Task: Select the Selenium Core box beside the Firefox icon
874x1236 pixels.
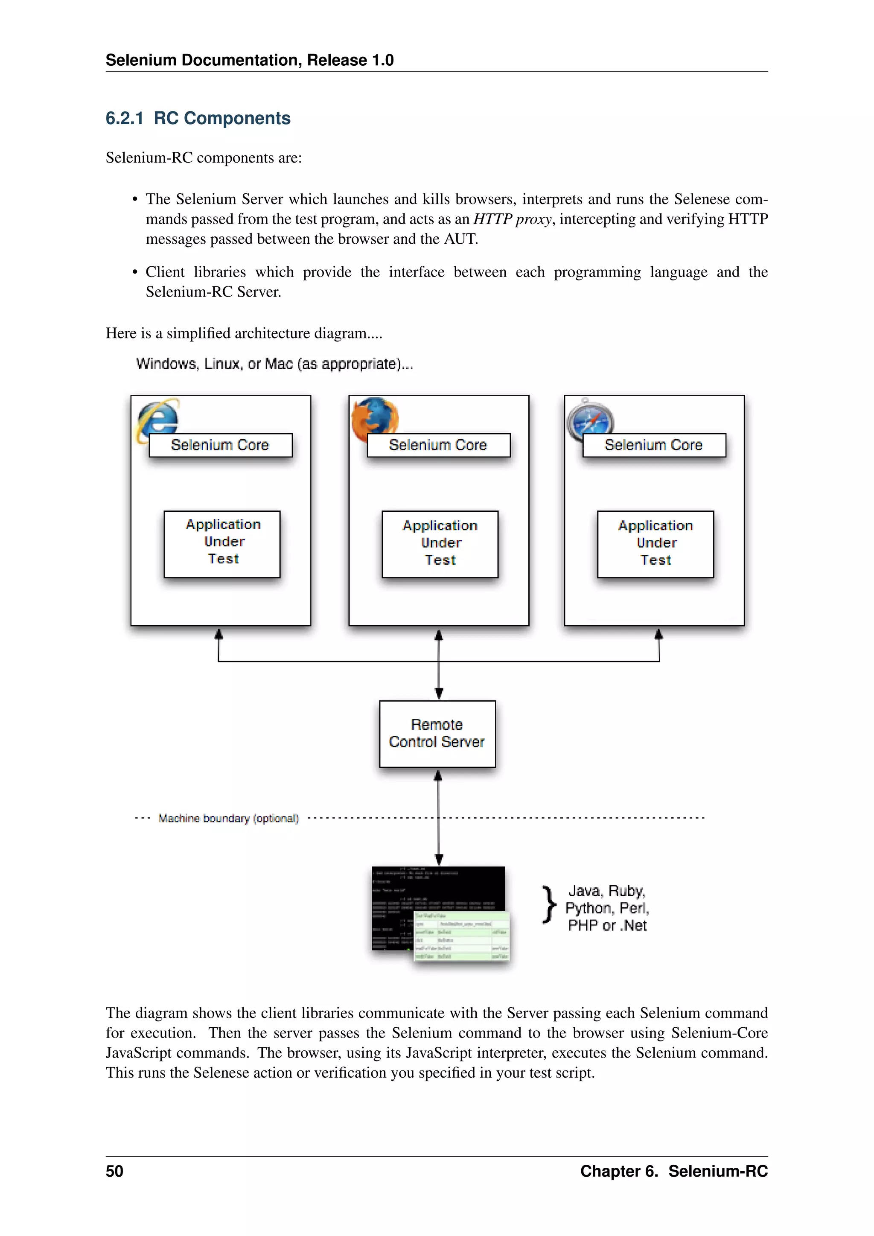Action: click(x=438, y=445)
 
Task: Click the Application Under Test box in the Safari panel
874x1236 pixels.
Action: click(x=655, y=544)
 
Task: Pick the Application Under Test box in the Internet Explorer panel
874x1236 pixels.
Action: click(x=222, y=544)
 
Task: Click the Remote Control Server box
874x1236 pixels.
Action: click(x=437, y=734)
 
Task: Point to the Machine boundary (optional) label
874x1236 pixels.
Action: click(x=228, y=818)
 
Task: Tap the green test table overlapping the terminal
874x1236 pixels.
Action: click(x=462, y=937)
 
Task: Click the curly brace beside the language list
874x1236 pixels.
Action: click(x=548, y=905)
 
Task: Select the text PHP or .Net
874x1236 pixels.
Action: click(x=607, y=925)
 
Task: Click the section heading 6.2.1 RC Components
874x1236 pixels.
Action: click(x=198, y=118)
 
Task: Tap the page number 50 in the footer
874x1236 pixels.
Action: click(x=115, y=1172)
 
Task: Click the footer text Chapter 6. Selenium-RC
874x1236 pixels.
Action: click(x=674, y=1172)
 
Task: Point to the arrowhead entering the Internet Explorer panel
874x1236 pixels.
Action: click(x=218, y=634)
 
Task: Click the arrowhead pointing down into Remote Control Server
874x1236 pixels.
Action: click(x=439, y=694)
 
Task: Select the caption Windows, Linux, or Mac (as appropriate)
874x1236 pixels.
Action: click(x=274, y=364)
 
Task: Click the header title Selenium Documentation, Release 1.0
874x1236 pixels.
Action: click(x=250, y=60)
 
